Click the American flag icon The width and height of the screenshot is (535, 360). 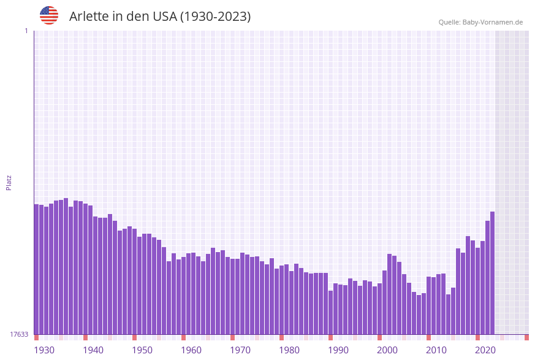(x=49, y=15)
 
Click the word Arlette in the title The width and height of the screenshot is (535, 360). (x=88, y=17)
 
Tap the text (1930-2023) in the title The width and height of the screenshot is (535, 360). (x=215, y=17)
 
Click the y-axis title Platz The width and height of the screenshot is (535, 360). (x=9, y=182)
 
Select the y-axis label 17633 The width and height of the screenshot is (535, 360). (x=19, y=334)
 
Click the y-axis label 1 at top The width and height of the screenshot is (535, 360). (x=26, y=31)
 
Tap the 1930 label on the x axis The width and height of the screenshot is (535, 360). (x=44, y=350)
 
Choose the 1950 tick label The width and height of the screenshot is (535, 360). (x=142, y=350)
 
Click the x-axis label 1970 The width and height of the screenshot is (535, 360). (x=240, y=350)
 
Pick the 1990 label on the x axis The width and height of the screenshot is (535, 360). (x=338, y=350)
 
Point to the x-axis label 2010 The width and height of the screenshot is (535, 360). (x=436, y=350)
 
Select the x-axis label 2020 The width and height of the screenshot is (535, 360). (x=485, y=350)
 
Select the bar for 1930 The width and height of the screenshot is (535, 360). (x=36, y=269)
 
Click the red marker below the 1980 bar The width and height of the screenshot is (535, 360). (x=281, y=337)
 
